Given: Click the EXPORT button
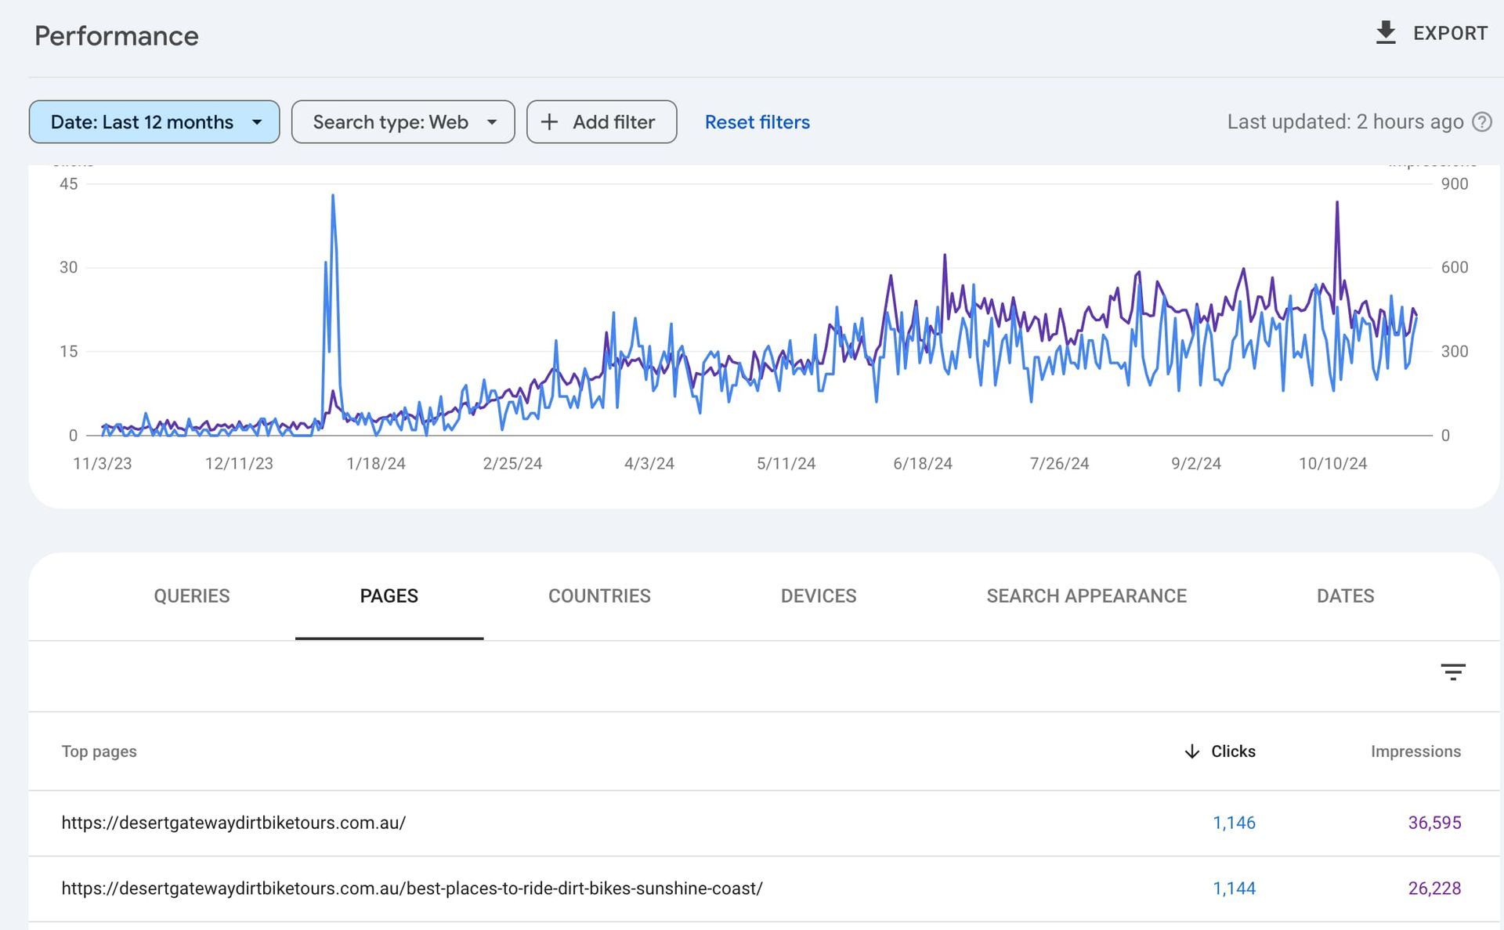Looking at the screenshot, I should [1432, 33].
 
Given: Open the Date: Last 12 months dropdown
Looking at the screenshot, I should [154, 122].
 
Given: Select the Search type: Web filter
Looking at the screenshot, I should [403, 122].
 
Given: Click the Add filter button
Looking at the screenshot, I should [601, 122].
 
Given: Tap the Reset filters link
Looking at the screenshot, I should [757, 122].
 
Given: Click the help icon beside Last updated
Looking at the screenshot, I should [1481, 122].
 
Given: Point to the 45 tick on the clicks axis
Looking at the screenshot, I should [69, 184].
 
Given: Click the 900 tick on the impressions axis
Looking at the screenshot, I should [1454, 184].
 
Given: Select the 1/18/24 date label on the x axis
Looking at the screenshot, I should [375, 464].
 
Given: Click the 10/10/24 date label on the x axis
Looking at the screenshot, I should [1332, 464].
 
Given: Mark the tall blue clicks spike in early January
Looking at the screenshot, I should [333, 197].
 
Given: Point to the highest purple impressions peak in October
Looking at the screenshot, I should [1337, 204].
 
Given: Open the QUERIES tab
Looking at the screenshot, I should [192, 596].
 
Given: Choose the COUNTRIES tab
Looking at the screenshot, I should [599, 596].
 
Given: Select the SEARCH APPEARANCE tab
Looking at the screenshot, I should [1086, 596].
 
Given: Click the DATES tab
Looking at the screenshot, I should [1345, 596].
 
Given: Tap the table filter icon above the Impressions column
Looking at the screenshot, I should [1452, 672].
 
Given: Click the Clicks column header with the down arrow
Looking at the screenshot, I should [1220, 751].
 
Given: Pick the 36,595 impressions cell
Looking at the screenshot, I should [1434, 823].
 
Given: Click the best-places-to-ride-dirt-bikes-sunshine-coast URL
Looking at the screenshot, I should [412, 888].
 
